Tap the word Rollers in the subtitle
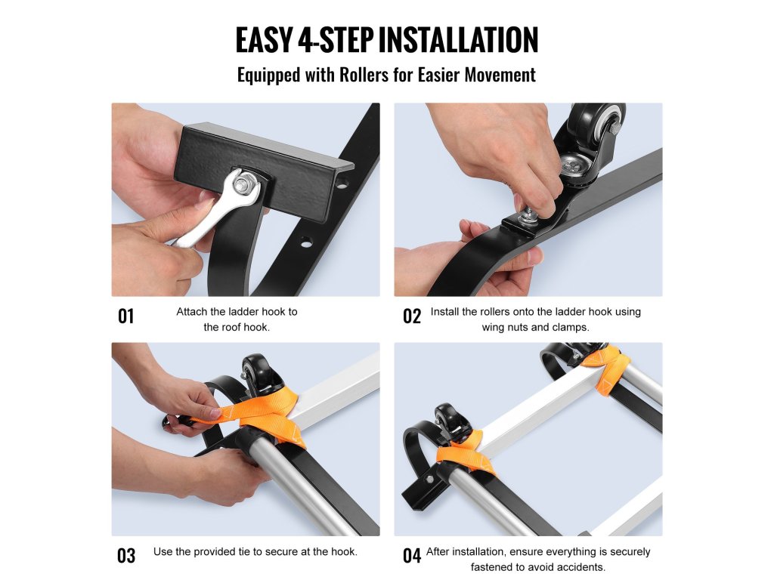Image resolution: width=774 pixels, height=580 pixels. pos(364,75)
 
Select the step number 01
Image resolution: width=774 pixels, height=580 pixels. pos(126,316)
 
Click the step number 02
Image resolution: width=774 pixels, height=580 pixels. pos(412,316)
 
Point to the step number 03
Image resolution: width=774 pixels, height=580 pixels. pos(126,556)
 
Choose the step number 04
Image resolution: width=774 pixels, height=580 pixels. pos(412,556)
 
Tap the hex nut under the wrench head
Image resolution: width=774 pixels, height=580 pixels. pos(241,184)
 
